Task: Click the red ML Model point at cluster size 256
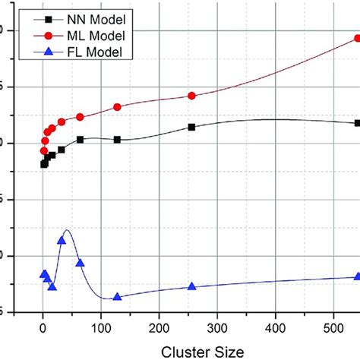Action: pos(191,96)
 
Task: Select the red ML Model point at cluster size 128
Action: pos(117,107)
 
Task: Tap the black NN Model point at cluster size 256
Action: pos(191,127)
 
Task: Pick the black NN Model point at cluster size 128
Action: pos(117,140)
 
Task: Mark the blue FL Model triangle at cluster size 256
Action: pos(191,286)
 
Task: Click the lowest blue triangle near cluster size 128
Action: pos(117,297)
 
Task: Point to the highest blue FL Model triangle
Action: pos(62,241)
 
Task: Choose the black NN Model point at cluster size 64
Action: pos(80,140)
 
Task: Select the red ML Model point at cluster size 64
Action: pos(80,117)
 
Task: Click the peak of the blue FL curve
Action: pos(68,230)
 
